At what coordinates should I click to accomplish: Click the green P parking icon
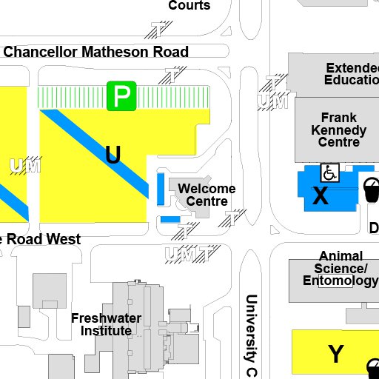121,95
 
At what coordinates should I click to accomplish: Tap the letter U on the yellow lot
113,155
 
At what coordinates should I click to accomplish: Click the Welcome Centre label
206,195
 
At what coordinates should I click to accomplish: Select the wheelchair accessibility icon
329,173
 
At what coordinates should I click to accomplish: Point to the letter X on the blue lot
320,196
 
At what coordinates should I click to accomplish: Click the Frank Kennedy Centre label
338,130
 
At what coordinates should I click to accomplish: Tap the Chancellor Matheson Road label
96,52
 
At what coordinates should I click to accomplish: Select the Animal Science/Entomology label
341,269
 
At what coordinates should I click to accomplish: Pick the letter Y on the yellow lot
335,353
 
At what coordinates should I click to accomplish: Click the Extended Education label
351,74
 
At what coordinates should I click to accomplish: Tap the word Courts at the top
189,6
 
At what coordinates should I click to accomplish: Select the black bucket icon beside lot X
371,188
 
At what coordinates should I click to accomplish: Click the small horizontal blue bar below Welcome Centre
170,219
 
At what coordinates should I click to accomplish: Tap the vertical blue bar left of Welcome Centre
161,188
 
